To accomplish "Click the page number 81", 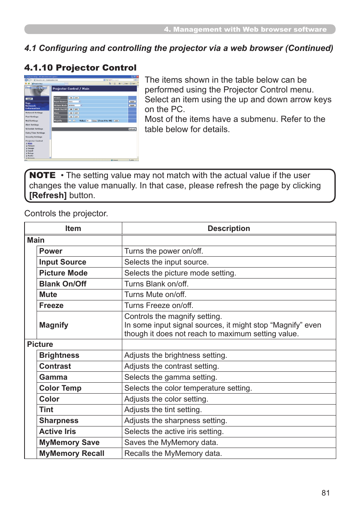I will pos(326,493).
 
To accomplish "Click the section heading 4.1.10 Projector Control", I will pos(80,68).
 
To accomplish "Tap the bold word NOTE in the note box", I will pos(42,175).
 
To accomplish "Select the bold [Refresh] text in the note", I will pos(48,195).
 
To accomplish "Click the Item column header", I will pos(73,228).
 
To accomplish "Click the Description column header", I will pos(229,228).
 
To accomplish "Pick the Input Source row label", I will pos(63,262).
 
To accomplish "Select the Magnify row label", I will pos(54,325).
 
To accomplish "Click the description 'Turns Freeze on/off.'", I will pos(158,305).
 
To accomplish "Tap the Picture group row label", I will pos(40,344).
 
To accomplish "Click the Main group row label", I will pos(36,240).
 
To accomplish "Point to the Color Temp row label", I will pos(60,388).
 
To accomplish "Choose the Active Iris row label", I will pos(57,431).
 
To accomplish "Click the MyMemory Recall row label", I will pos(72,453).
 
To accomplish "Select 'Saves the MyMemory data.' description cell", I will pos(171,442).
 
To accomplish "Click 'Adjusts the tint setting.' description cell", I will pos(163,409).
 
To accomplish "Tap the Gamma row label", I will pos(53,377).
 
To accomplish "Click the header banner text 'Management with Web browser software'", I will pos(249,29).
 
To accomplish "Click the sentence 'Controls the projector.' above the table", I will pos(66,214).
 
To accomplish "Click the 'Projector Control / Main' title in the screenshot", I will pos(71,89).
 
